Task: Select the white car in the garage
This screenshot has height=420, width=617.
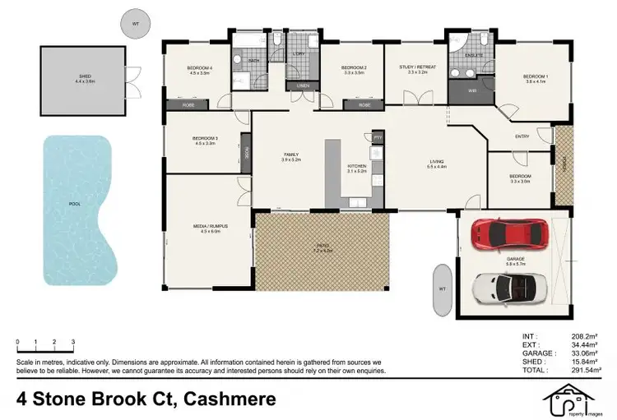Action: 501,286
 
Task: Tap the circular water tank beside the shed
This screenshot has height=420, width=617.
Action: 134,24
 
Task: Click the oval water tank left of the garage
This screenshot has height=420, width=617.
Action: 441,290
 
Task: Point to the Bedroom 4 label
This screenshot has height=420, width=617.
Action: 199,69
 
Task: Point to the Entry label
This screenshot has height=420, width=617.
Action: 522,136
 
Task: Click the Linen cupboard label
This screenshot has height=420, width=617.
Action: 302,85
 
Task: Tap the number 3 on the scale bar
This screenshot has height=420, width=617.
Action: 73,341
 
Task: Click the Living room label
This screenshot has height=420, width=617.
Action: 436,163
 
